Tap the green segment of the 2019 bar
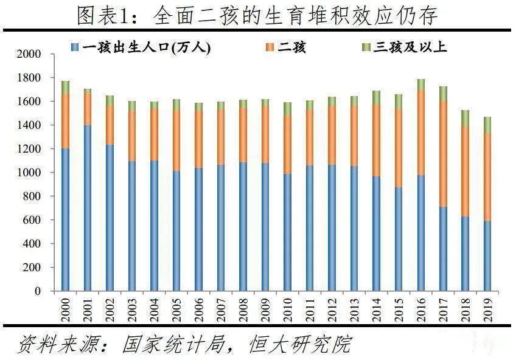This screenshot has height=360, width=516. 487,125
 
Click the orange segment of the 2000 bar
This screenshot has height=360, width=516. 65,121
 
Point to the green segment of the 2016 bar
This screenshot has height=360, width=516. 420,84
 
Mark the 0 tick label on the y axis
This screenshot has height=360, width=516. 37,291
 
